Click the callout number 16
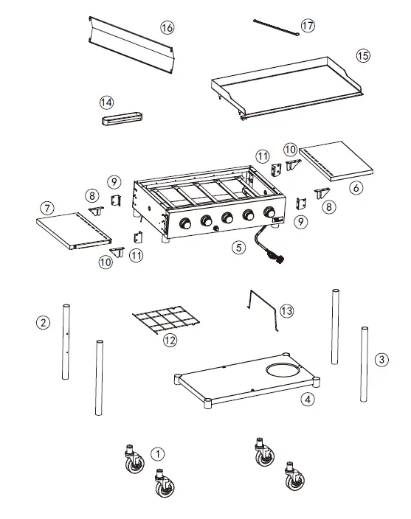(x=167, y=27)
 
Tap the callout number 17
(x=308, y=26)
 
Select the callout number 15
(x=362, y=55)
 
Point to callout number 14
(x=107, y=101)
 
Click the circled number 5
(x=238, y=248)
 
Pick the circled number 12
(x=170, y=340)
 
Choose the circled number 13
(x=286, y=311)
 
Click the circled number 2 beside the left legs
(x=44, y=321)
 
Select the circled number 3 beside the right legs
(x=381, y=360)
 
